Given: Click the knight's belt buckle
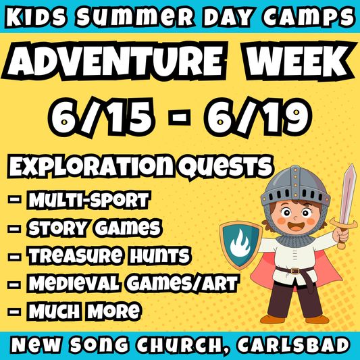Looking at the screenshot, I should [x=295, y=269].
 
